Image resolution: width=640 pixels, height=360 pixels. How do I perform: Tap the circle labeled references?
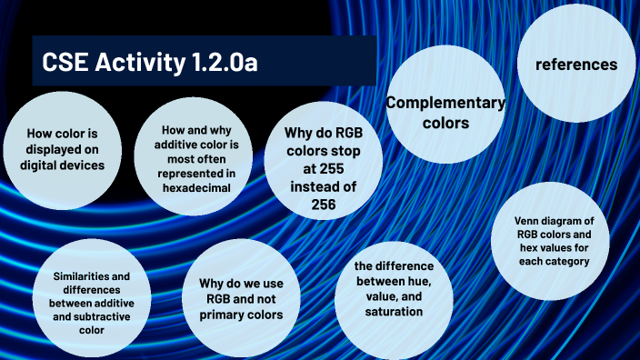click(575, 65)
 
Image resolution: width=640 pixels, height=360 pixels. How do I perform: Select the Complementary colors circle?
click(445, 112)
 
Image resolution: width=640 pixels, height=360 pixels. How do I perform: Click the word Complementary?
click(445, 102)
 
